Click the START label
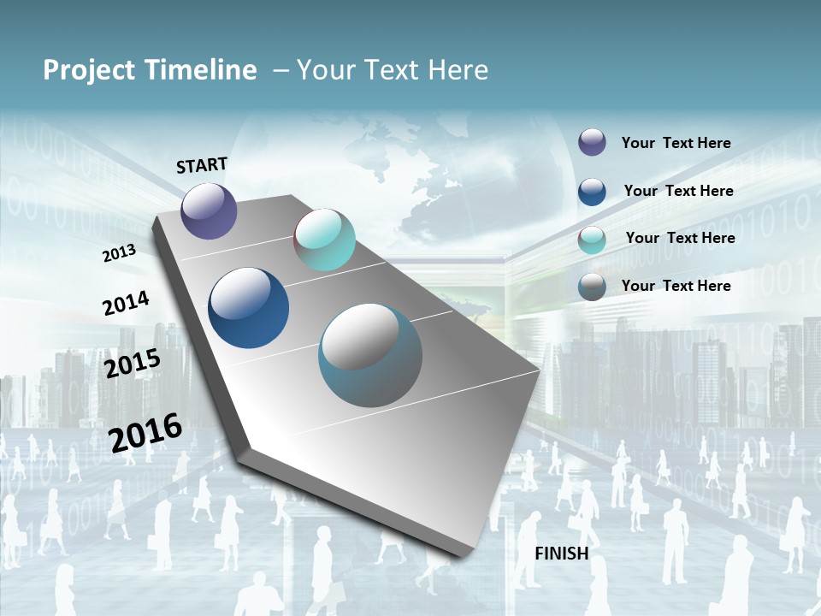coord(202,165)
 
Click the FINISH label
coord(562,554)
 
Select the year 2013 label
coord(119,253)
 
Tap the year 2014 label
coord(126,303)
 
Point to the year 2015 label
coord(133,363)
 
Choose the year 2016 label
coord(145,432)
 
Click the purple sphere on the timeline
coord(210,210)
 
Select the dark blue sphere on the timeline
coord(249,308)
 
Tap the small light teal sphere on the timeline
coord(324,240)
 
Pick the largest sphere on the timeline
coord(370,355)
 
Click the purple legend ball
coord(592,142)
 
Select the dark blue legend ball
coord(592,191)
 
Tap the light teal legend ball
coord(592,240)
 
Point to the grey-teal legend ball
coord(592,287)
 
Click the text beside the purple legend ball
coord(676,143)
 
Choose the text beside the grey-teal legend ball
coord(676,286)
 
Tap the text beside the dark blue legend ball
coord(678,191)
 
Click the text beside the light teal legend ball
coord(680,238)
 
